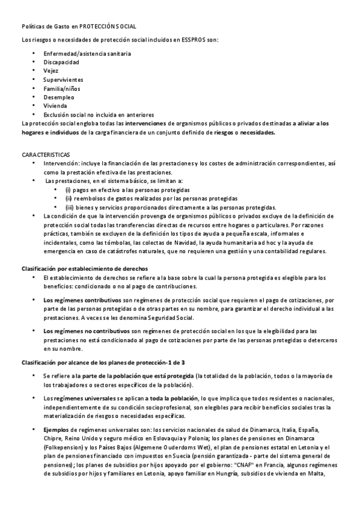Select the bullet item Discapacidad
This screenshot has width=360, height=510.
[x=61, y=62]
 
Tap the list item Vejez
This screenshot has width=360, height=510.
[x=51, y=70]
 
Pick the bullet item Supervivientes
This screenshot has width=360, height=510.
[x=63, y=79]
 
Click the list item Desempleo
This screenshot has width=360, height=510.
[x=59, y=97]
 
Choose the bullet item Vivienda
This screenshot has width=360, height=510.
[x=56, y=105]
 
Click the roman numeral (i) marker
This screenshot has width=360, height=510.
[x=69, y=189]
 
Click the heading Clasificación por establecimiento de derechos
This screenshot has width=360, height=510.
[x=85, y=268]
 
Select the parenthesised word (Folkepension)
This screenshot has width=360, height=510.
[x=64, y=448]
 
